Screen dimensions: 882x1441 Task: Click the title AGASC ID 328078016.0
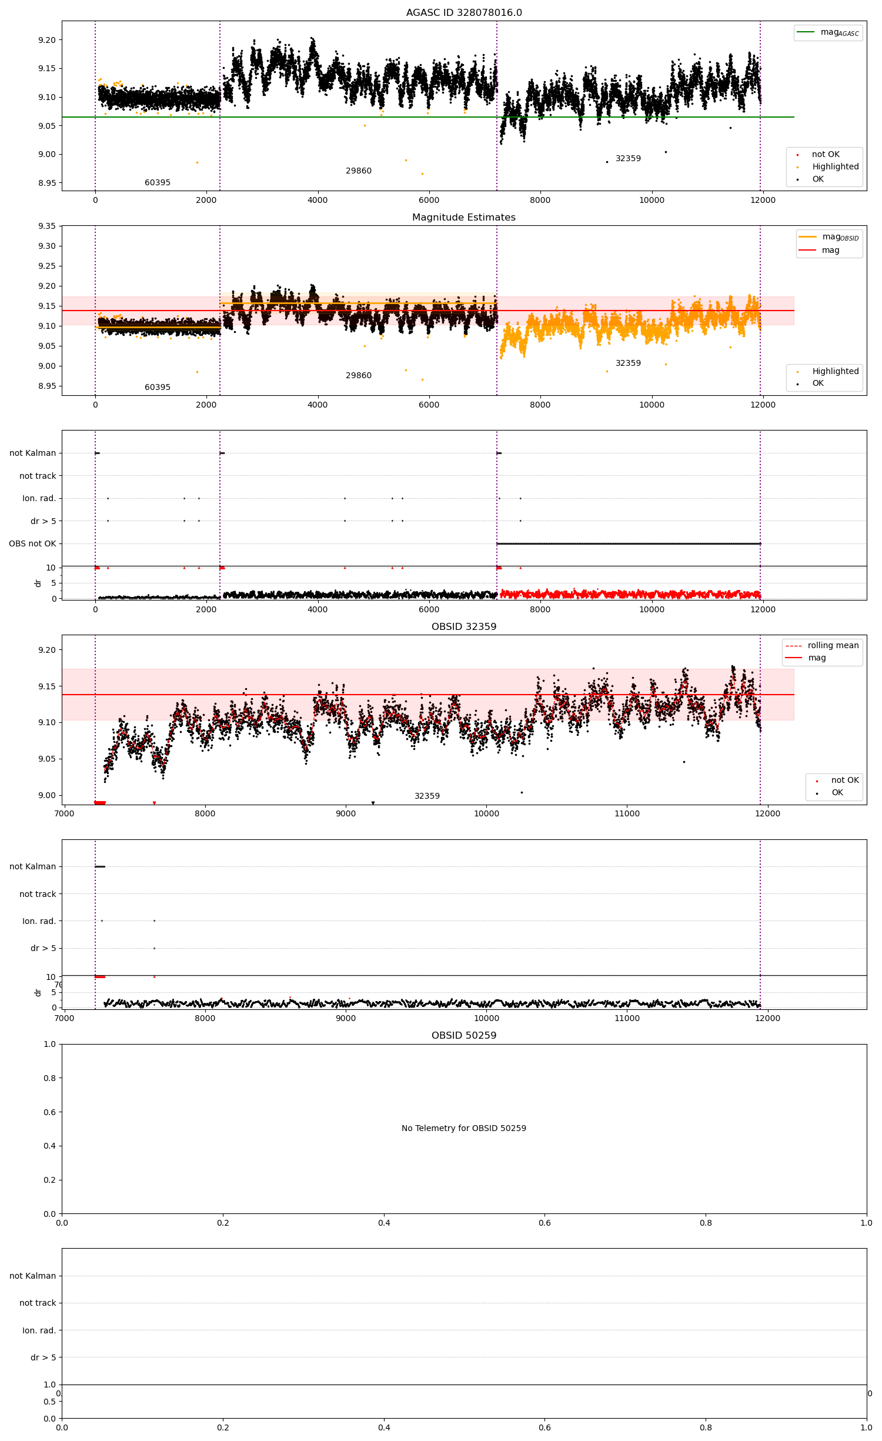click(x=464, y=12)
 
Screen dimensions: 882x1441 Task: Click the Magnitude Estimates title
click(x=464, y=217)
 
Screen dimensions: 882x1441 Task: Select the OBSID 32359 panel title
click(x=464, y=626)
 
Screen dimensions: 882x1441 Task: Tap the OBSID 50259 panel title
click(x=464, y=1035)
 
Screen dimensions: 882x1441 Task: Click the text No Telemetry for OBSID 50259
click(x=464, y=1128)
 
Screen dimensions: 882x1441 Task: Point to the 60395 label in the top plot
click(x=158, y=182)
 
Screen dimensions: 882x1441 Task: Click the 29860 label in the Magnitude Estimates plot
click(x=359, y=375)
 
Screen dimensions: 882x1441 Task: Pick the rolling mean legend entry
click(x=823, y=645)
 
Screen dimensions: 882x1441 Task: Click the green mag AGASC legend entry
click(x=828, y=32)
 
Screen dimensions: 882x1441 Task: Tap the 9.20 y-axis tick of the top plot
click(x=47, y=40)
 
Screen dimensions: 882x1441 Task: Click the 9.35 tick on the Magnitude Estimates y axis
click(x=47, y=226)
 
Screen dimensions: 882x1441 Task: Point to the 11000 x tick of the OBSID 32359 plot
click(x=627, y=813)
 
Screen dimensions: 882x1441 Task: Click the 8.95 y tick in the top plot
click(x=47, y=183)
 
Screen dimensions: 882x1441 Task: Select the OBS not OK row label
click(x=32, y=543)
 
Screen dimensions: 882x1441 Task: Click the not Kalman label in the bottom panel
click(x=32, y=1276)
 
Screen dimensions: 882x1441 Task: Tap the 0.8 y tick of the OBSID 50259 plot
click(x=49, y=1078)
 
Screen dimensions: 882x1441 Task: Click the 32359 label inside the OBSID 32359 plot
click(x=427, y=796)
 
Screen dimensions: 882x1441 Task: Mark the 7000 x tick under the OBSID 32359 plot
click(x=64, y=813)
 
